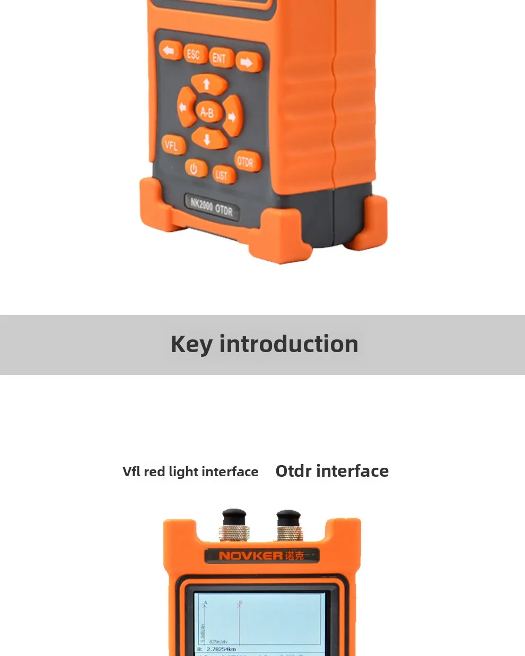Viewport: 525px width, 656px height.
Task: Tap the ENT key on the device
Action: click(x=219, y=58)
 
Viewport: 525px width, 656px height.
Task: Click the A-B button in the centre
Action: click(x=207, y=112)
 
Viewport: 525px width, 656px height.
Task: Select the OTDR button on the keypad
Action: click(x=246, y=162)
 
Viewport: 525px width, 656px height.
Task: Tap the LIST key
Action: click(x=221, y=174)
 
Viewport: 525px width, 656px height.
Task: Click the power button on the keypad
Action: click(x=194, y=169)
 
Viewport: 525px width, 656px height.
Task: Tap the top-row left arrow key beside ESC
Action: click(x=169, y=51)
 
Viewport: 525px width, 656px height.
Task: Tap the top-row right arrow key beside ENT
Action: click(x=247, y=63)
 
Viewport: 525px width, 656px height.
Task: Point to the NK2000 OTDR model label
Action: click(x=211, y=207)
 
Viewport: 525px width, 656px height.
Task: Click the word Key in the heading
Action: click(x=191, y=345)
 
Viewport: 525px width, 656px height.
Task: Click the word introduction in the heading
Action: click(x=289, y=344)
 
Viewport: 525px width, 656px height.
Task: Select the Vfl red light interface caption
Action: click(x=190, y=471)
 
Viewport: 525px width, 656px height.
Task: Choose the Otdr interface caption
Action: click(x=332, y=471)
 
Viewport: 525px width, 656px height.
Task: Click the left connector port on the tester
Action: click(x=234, y=524)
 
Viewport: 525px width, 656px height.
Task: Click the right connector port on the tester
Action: click(x=289, y=525)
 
